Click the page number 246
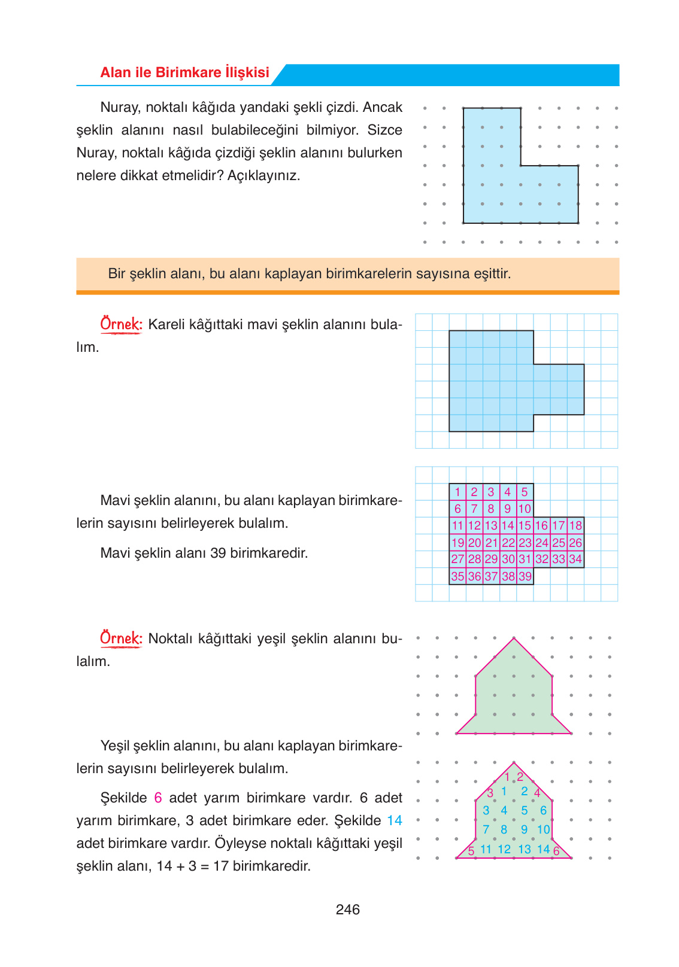tap(347, 910)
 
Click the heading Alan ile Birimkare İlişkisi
tap(184, 72)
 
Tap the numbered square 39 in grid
tap(525, 576)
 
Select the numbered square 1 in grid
tap(457, 492)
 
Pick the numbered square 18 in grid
tap(575, 525)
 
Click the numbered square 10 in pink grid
tap(525, 509)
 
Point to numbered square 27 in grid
tap(457, 559)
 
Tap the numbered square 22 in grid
tap(508, 543)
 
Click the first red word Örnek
tap(121, 324)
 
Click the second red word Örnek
tap(121, 638)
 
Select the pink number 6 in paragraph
tap(158, 798)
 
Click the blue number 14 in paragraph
tap(395, 820)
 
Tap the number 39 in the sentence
tap(218, 553)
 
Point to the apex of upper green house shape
tap(514, 638)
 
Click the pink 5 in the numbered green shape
tap(471, 851)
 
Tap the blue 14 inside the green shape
tap(543, 849)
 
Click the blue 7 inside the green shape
tap(486, 829)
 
